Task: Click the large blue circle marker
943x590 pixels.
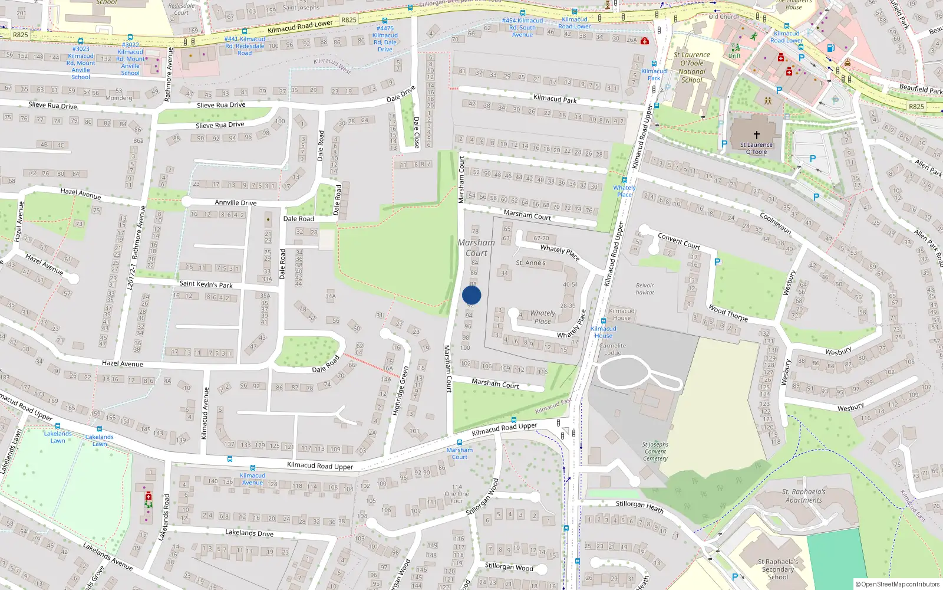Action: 471,295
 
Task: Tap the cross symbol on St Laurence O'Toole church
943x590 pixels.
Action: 757,135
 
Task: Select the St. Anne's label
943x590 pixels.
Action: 530,263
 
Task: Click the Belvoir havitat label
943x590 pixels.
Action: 645,289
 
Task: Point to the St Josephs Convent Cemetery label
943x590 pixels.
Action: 655,451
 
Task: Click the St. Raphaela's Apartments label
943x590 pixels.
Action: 803,496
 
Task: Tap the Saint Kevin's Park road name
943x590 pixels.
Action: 206,284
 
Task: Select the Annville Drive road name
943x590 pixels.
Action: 235,202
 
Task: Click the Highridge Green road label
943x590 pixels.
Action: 401,391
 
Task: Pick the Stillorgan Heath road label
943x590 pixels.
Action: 639,506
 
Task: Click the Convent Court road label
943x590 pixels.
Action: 679,241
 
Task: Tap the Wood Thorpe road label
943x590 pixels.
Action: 728,313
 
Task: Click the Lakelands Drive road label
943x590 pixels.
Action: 249,533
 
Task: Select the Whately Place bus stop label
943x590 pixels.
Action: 624,191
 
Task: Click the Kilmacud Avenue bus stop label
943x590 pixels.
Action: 252,478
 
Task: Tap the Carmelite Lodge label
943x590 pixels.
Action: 612,349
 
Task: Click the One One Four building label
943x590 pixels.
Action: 457,494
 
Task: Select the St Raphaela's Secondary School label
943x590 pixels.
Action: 777,569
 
